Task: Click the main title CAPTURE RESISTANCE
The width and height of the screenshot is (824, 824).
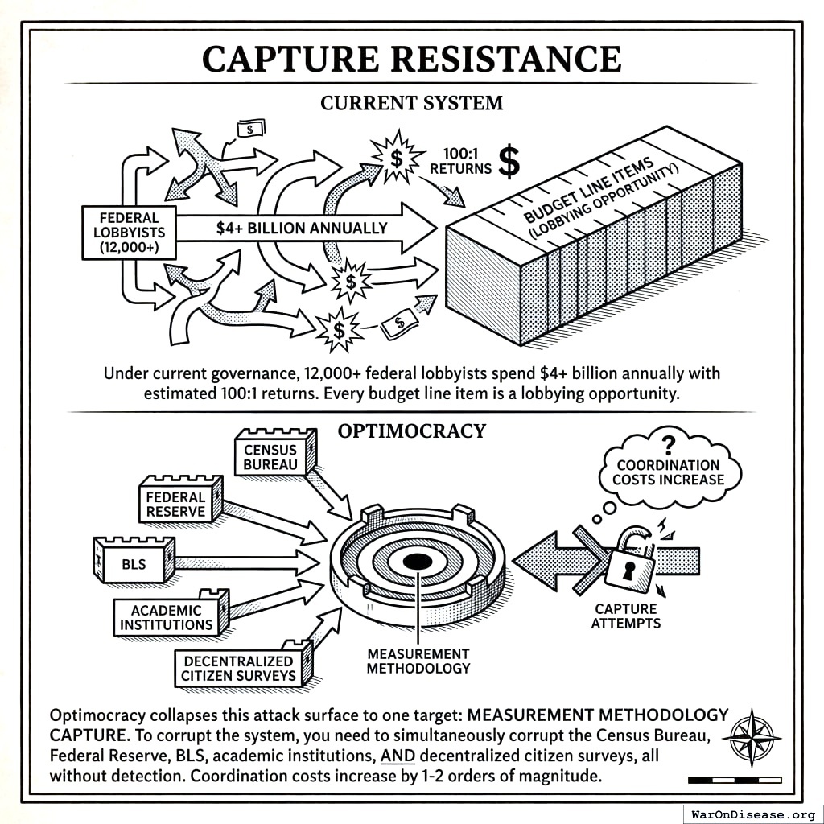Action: tap(411, 59)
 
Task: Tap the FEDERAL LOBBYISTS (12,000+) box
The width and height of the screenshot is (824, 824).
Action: tap(129, 233)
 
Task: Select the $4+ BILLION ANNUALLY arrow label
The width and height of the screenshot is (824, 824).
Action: tap(302, 228)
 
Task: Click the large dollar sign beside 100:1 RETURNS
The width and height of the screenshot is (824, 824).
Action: tap(509, 161)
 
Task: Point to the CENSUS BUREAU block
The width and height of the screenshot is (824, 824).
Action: tap(271, 457)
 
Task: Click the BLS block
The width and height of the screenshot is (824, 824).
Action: tap(134, 563)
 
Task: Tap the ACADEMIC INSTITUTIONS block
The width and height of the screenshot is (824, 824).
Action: tap(167, 618)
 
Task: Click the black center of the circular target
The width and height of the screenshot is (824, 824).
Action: tap(417, 562)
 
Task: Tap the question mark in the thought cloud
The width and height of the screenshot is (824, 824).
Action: tap(667, 445)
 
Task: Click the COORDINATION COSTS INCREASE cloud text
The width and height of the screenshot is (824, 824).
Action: tap(668, 472)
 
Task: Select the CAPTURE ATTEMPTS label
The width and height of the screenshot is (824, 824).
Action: tap(625, 616)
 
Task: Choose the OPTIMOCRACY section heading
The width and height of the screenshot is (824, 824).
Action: tap(411, 431)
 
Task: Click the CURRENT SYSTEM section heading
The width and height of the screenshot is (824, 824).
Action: tap(411, 103)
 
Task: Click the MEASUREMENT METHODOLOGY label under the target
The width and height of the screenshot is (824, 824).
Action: tap(418, 661)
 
